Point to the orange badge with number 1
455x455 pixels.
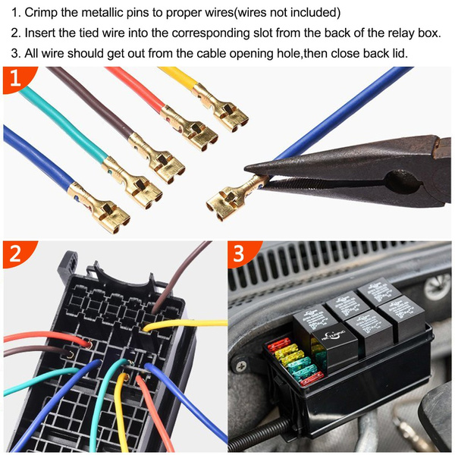pyautogui.click(x=14, y=79)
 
